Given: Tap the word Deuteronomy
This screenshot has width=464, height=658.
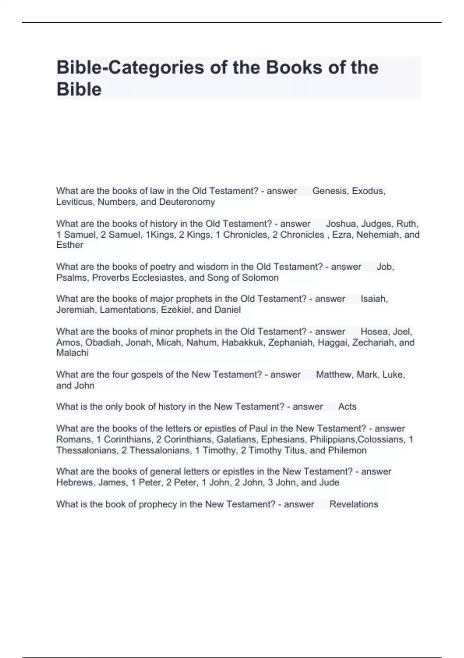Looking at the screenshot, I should pyautogui.click(x=187, y=202).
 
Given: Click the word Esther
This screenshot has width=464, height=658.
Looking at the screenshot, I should pyautogui.click(x=70, y=245).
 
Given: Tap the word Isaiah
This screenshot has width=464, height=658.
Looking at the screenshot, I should pyautogui.click(x=374, y=299).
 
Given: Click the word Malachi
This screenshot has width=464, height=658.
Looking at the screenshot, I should pyautogui.click(x=72, y=353).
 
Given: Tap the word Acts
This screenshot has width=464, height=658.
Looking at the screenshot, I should pyautogui.click(x=347, y=407).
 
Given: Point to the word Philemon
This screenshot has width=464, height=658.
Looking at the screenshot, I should pyautogui.click(x=347, y=451).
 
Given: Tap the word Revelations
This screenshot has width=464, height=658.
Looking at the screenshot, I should pyautogui.click(x=354, y=504).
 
